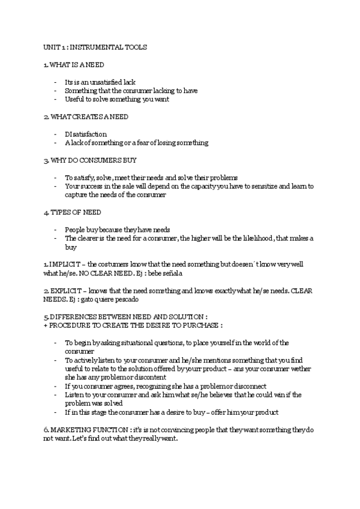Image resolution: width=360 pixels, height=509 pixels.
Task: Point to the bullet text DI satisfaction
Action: click(86, 134)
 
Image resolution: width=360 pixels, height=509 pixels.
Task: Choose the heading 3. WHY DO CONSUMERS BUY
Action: click(90, 160)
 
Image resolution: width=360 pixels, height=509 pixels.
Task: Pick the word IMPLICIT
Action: click(64, 265)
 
